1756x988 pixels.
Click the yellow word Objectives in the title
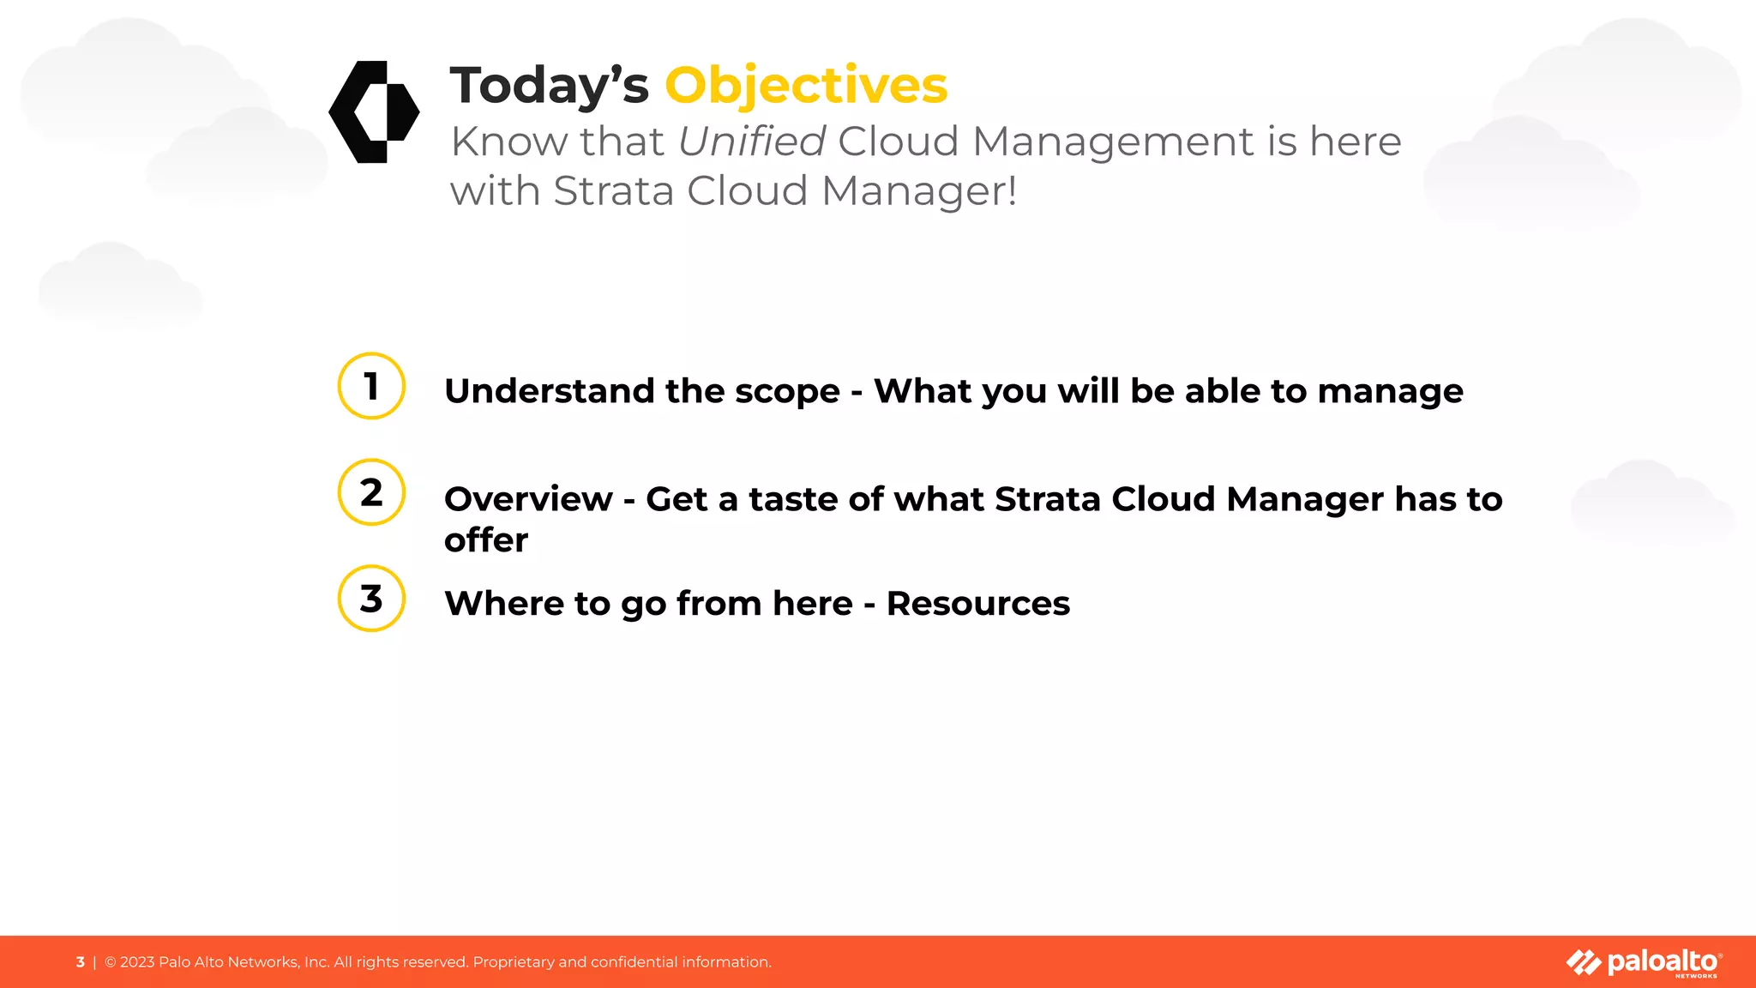(806, 86)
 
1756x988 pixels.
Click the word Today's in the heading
(549, 86)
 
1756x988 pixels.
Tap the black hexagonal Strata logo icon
(374, 111)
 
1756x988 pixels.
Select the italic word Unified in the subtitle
(751, 142)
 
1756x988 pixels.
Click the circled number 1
(371, 386)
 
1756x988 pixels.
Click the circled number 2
(371, 492)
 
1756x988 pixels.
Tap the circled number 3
(371, 599)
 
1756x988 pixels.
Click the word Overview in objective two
(528, 499)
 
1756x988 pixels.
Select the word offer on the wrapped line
(485, 540)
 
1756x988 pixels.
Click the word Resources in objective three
(977, 604)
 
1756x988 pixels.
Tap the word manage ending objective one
(1390, 391)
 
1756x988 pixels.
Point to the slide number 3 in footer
(81, 962)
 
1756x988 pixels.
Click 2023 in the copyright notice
(137, 962)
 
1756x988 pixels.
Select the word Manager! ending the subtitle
(918, 191)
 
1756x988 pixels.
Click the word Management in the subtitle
(1113, 142)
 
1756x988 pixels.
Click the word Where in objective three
(503, 604)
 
